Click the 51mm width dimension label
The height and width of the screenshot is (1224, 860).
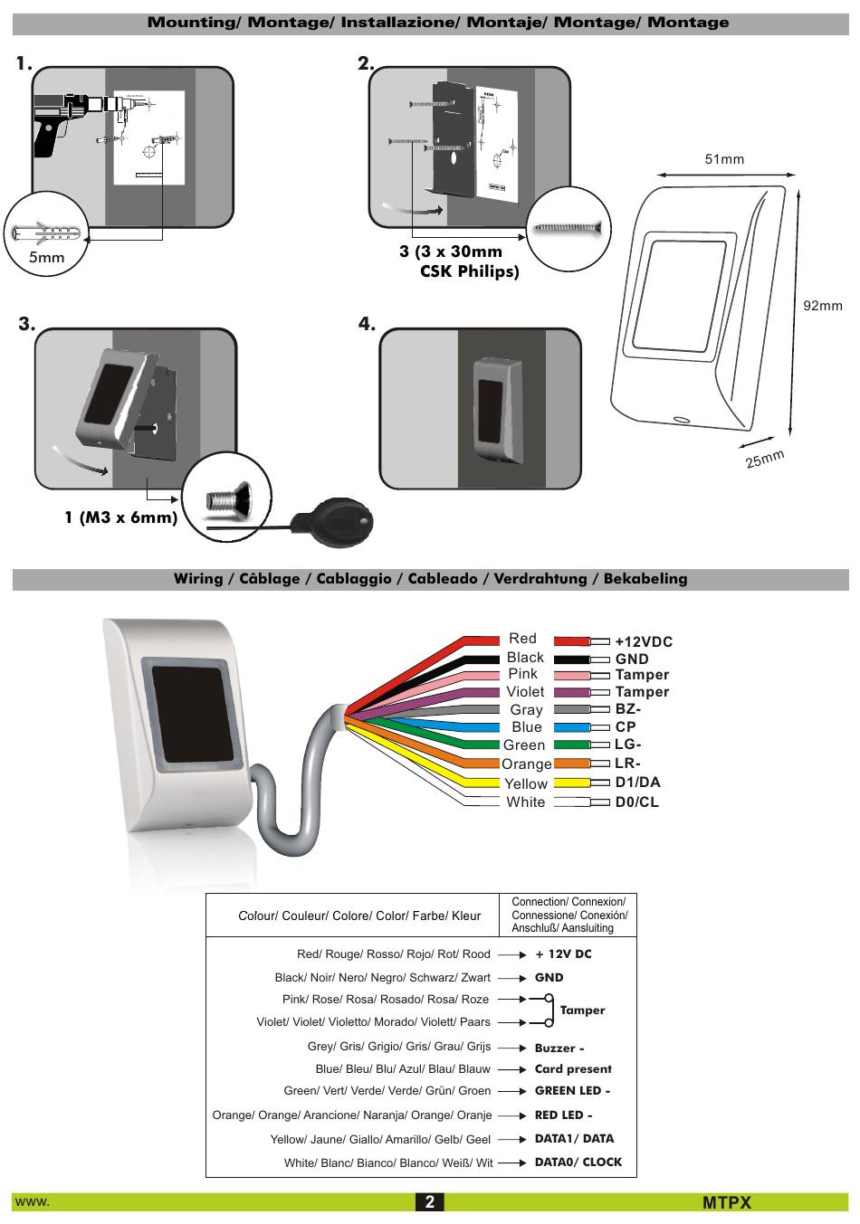(724, 159)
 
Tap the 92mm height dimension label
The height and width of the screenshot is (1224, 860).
(822, 306)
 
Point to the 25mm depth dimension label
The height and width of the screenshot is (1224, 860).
(764, 459)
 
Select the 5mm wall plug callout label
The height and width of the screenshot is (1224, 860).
(46, 257)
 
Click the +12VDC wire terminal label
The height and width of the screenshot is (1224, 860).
(644, 641)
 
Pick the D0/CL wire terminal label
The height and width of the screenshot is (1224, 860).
(636, 802)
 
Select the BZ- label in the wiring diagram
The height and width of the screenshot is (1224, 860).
(627, 709)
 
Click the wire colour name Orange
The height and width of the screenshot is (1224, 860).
(526, 764)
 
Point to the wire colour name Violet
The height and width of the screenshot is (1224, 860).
(525, 692)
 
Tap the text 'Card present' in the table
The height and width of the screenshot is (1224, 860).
(573, 1069)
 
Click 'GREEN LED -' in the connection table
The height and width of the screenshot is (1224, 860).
(572, 1091)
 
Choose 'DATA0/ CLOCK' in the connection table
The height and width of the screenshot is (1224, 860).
(578, 1162)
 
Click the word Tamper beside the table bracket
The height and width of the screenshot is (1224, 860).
(582, 1011)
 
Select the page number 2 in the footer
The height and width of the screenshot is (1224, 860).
(430, 1201)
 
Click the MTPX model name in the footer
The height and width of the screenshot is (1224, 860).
(726, 1202)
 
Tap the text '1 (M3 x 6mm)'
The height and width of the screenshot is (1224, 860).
(120, 518)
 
